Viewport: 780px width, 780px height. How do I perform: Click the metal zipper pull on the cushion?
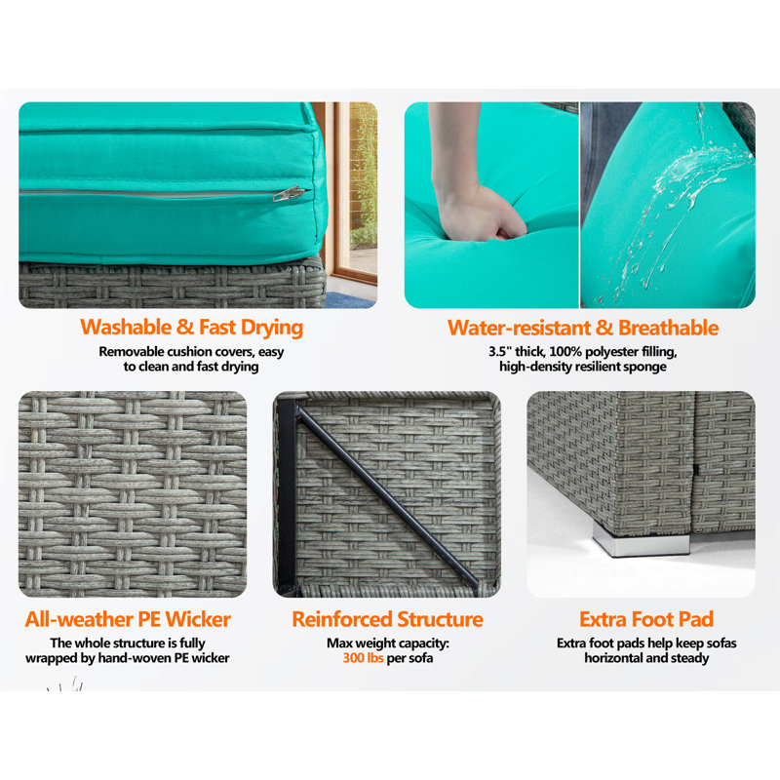(x=289, y=193)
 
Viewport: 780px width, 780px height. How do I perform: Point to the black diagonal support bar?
(x=388, y=497)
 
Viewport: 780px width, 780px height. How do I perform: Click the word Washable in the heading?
(x=126, y=328)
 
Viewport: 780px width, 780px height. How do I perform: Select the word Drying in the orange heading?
(x=272, y=329)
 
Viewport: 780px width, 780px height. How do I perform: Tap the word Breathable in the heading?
(x=668, y=329)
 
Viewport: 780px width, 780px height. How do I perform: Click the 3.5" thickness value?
(x=499, y=352)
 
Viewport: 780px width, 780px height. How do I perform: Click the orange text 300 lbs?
(x=363, y=658)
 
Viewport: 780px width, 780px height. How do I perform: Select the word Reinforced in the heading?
(x=342, y=620)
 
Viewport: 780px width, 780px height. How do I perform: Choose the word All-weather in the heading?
(x=79, y=620)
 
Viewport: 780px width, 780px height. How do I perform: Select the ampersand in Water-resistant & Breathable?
(x=604, y=329)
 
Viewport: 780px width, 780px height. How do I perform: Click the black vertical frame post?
(x=287, y=496)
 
